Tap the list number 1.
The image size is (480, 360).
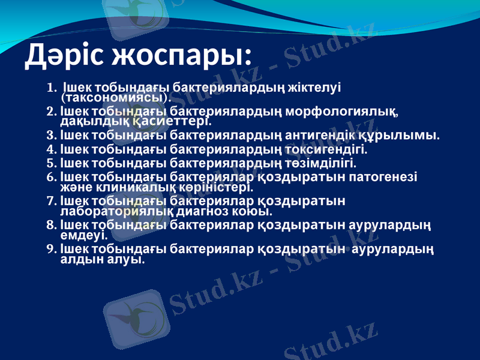(x=50, y=88)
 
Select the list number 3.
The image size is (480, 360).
(x=50, y=136)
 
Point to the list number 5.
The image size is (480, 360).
(x=50, y=163)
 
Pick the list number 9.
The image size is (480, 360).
(x=50, y=248)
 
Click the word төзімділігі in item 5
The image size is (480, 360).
(x=322, y=163)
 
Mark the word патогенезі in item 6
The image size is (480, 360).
(x=385, y=177)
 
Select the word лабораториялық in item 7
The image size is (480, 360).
(x=110, y=211)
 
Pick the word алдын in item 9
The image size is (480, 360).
(x=79, y=260)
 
